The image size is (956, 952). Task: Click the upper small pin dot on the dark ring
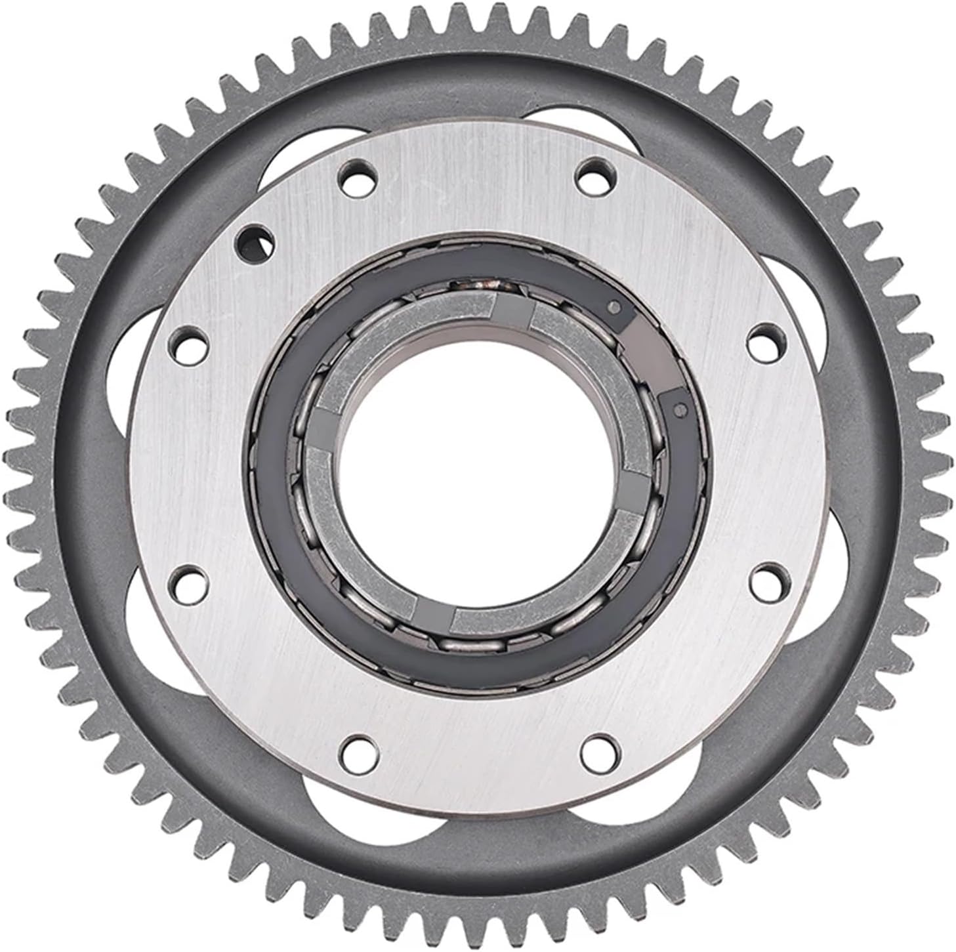[x=614, y=306]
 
